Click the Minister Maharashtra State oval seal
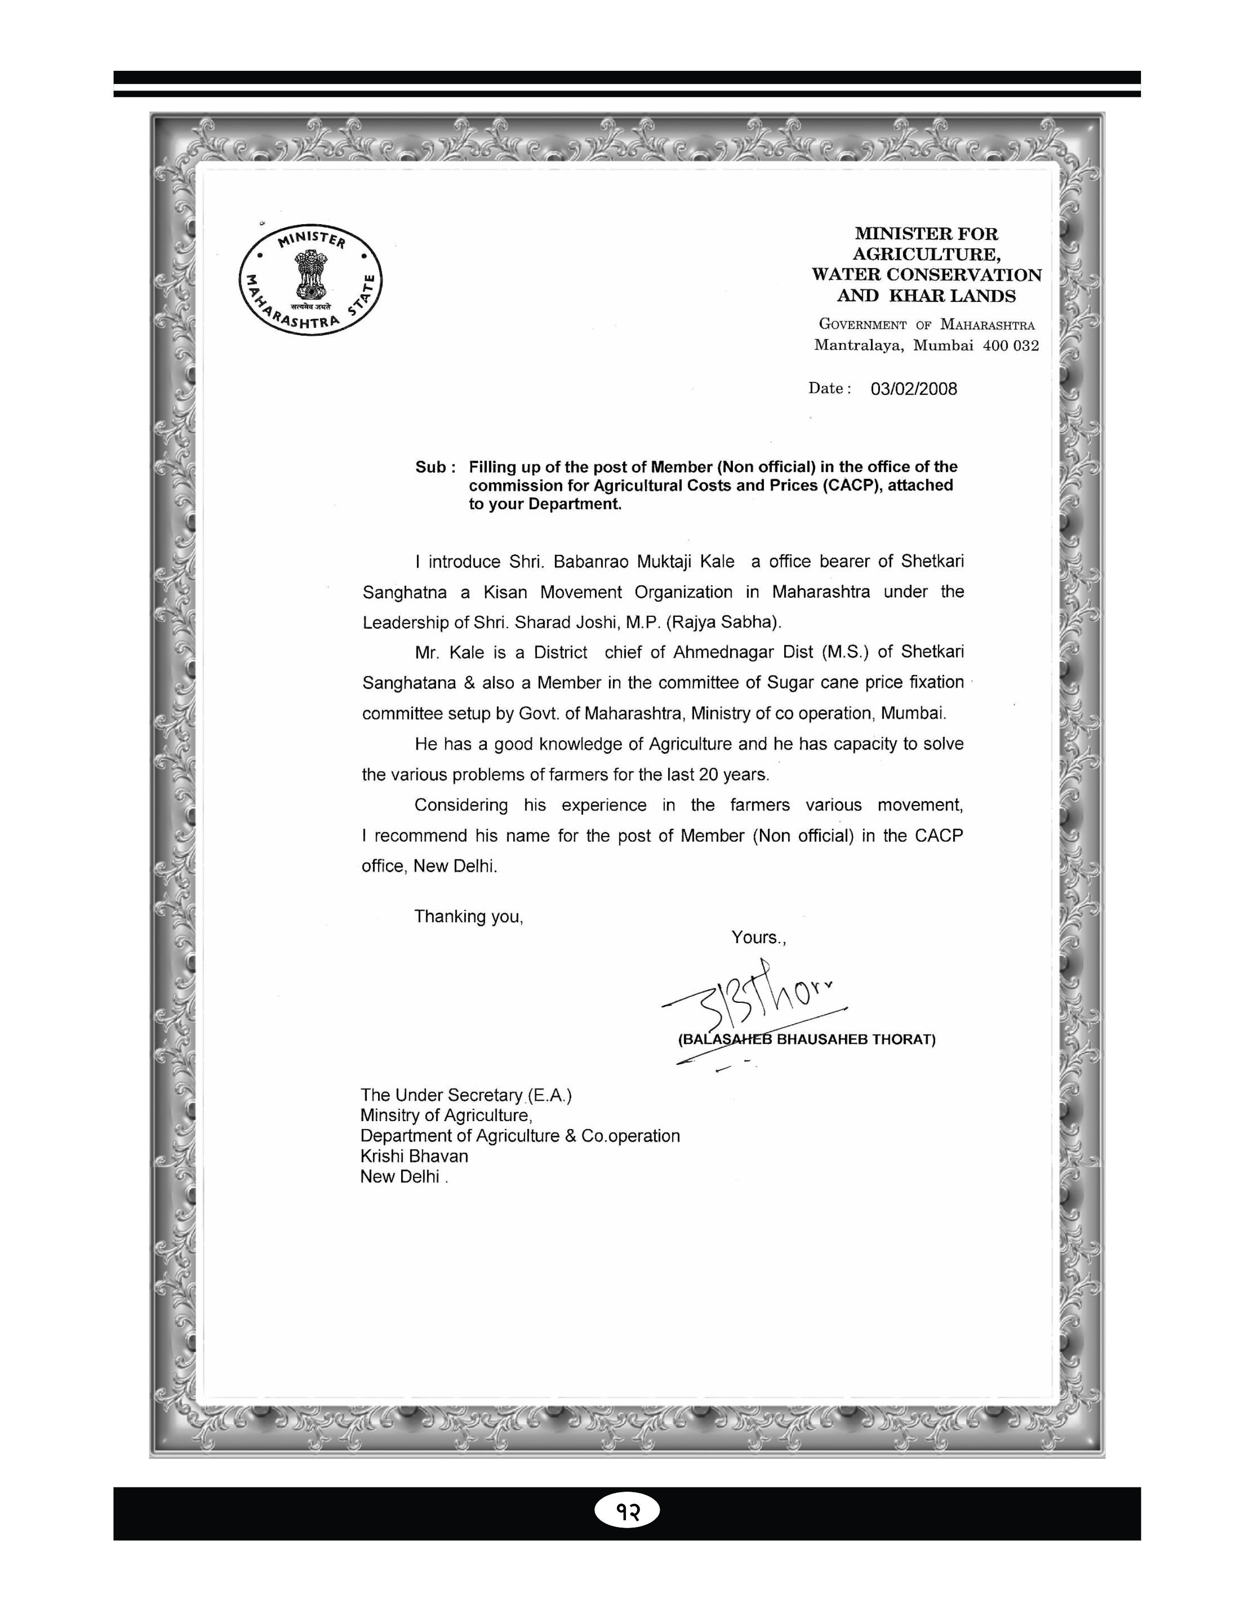pyautogui.click(x=310, y=280)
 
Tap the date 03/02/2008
pyautogui.click(x=913, y=389)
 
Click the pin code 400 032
pyautogui.click(x=1010, y=346)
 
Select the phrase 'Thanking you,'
pyautogui.click(x=468, y=917)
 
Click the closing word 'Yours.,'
pyautogui.click(x=758, y=938)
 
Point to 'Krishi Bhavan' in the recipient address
pyautogui.click(x=414, y=1157)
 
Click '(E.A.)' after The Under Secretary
pyautogui.click(x=549, y=1096)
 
